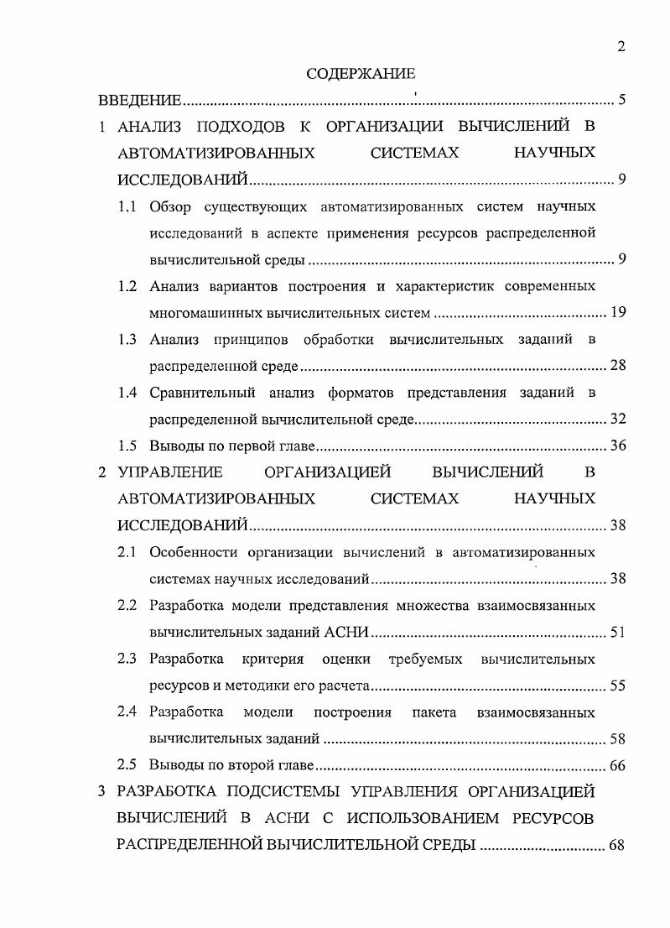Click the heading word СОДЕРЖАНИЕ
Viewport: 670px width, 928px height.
pyautogui.click(x=361, y=75)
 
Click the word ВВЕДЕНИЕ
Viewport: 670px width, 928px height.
pyautogui.click(x=140, y=102)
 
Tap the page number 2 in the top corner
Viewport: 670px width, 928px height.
pyautogui.click(x=621, y=47)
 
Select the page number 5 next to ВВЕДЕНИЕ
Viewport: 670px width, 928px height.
pyautogui.click(x=621, y=102)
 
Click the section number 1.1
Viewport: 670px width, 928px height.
pyautogui.click(x=127, y=206)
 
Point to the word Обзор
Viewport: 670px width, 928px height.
pyautogui.click(x=172, y=206)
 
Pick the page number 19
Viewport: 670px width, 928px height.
pyautogui.click(x=618, y=313)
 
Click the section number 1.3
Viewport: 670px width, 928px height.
pyautogui.click(x=127, y=340)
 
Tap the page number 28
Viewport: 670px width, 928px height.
pyautogui.click(x=618, y=366)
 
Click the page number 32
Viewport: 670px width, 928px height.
pyautogui.click(x=618, y=419)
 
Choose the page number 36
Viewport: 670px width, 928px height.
pyautogui.click(x=618, y=446)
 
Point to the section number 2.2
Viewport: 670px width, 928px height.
pyautogui.click(x=127, y=606)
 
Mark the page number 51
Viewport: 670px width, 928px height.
pyautogui.click(x=618, y=633)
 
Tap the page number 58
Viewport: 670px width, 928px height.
pyautogui.click(x=618, y=739)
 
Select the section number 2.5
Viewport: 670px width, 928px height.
pyautogui.click(x=127, y=765)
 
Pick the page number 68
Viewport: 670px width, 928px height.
pyautogui.click(x=618, y=845)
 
